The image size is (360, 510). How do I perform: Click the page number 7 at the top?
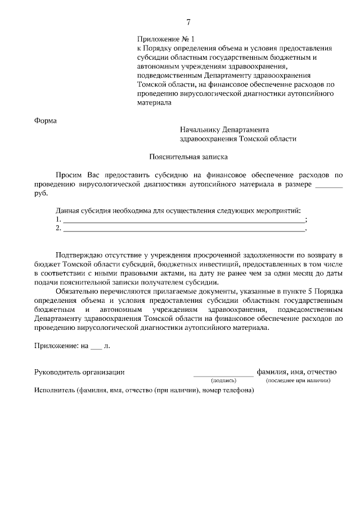pos(188,23)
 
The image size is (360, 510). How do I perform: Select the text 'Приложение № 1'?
pos(165,39)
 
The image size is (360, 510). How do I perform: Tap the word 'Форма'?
pos(46,120)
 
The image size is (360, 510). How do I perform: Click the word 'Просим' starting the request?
pos(70,175)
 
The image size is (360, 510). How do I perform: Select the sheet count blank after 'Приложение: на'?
pos(96,346)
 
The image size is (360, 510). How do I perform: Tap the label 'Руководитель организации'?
pos(79,372)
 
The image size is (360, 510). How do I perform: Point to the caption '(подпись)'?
pos(223,381)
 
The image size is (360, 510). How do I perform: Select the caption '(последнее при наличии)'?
pos(298,381)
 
